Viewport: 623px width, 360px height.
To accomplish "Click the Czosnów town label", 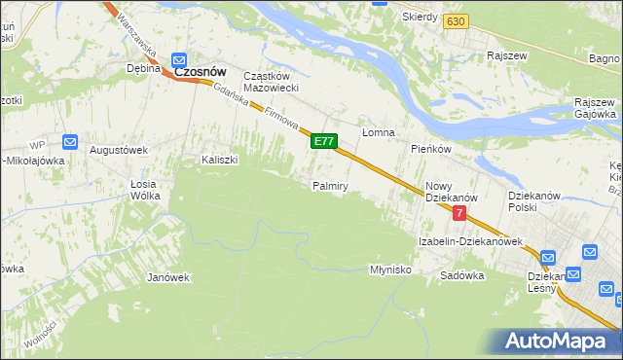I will (x=200, y=72).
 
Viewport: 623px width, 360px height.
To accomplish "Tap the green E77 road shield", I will (x=324, y=142).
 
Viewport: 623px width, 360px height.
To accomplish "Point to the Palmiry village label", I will (x=330, y=185).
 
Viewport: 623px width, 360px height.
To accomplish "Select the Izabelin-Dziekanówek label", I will (x=471, y=240).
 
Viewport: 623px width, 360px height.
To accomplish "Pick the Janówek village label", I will (x=167, y=277).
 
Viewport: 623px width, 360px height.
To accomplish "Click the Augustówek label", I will (x=118, y=150).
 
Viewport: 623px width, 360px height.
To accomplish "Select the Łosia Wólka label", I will (x=145, y=189).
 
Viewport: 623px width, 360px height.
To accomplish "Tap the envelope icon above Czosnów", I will (x=180, y=58).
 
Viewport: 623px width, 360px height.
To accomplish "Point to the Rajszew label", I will (x=507, y=55).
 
